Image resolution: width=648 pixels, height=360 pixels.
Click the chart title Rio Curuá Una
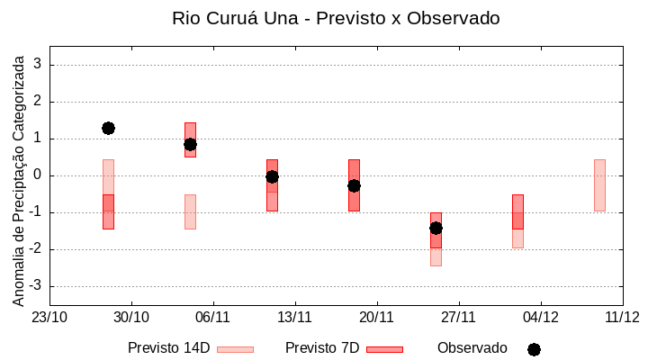(336, 18)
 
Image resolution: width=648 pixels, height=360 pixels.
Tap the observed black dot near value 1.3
(108, 128)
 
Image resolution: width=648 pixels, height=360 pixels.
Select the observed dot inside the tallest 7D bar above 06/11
(190, 144)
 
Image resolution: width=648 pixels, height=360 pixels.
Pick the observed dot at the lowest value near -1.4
(436, 228)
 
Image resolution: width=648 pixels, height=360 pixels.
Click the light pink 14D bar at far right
(599, 184)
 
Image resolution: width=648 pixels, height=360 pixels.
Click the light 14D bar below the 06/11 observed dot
(190, 211)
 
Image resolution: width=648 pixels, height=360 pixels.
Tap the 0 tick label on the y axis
(39, 175)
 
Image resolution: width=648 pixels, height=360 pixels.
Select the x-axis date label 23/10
(49, 317)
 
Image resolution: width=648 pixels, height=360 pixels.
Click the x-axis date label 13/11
(294, 317)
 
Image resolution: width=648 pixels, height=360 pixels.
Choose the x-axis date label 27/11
(458, 317)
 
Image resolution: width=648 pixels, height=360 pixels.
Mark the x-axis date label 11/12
(622, 317)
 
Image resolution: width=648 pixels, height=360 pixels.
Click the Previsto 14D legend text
(168, 348)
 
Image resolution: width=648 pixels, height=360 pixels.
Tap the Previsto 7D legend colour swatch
(384, 349)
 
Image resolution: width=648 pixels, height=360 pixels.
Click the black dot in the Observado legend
(534, 349)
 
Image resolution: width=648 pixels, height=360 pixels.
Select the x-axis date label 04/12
(540, 317)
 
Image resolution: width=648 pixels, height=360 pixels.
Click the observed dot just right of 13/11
(272, 176)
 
